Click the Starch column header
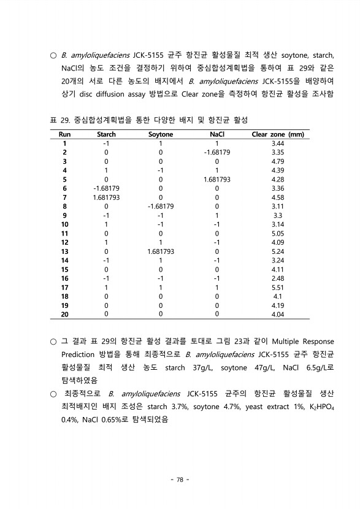[106, 134]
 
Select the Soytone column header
[161, 134]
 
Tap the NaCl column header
[216, 134]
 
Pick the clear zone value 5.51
[278, 286]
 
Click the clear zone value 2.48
[278, 277]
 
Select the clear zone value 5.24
[278, 251]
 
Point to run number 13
[64, 251]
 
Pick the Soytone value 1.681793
[161, 251]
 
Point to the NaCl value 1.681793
[216, 179]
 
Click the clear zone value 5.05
[278, 233]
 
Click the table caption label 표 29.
[56, 118]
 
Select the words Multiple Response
[299, 341]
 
